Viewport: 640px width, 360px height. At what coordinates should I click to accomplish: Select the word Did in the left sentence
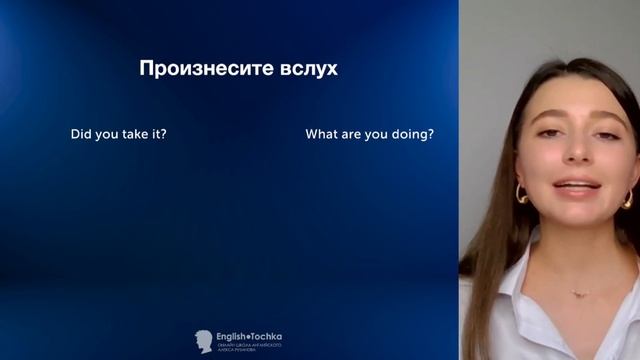pyautogui.click(x=82, y=134)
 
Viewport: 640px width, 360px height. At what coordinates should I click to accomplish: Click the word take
pyautogui.click(x=136, y=134)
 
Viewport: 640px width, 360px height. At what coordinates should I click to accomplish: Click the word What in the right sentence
pyautogui.click(x=322, y=134)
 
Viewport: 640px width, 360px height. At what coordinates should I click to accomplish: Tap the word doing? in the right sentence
pyautogui.click(x=414, y=134)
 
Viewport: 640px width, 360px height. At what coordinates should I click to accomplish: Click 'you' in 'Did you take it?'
pyautogui.click(x=108, y=134)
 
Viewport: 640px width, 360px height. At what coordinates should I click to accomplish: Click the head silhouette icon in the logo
pyautogui.click(x=203, y=340)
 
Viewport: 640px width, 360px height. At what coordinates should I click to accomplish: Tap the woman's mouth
pyautogui.click(x=576, y=187)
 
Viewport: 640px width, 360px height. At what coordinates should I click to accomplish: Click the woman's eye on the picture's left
pyautogui.click(x=548, y=132)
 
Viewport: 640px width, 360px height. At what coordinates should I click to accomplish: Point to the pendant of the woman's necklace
pyautogui.click(x=576, y=294)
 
